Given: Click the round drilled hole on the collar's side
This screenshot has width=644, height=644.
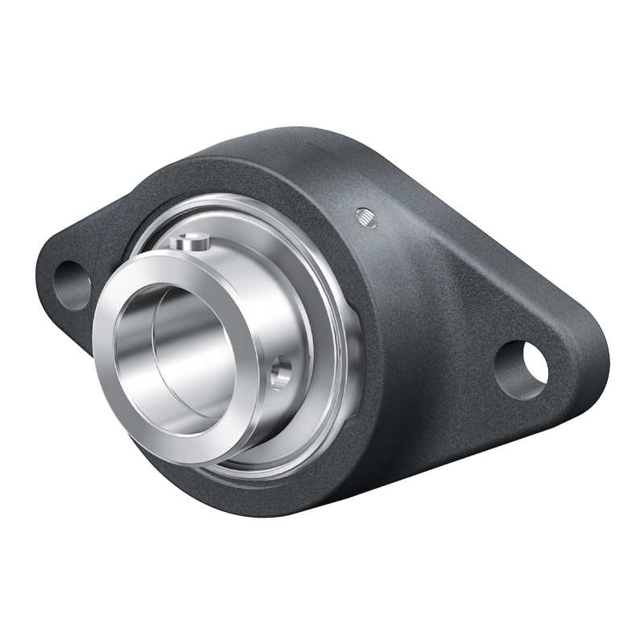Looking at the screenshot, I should pos(281,374).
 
